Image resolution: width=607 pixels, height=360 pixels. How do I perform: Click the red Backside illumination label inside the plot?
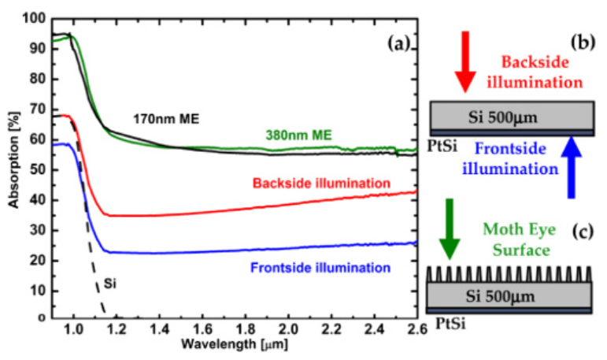click(x=321, y=183)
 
